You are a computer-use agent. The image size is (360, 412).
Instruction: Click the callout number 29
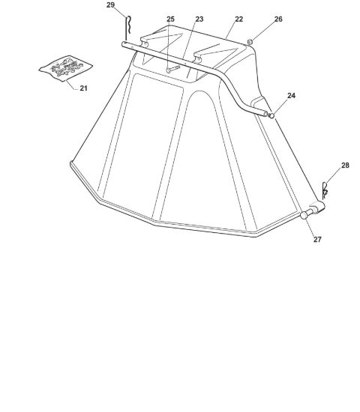[110, 5]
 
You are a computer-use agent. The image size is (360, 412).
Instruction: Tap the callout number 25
[170, 19]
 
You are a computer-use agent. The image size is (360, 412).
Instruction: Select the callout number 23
[199, 19]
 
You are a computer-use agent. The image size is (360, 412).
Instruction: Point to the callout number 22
[239, 19]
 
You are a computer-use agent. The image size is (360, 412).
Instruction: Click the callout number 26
[278, 19]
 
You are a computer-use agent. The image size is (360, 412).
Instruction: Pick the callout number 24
[291, 96]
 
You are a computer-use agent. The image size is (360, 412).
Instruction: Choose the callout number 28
[345, 166]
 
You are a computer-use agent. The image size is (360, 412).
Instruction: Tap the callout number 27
[317, 240]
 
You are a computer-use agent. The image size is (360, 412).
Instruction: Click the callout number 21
[83, 88]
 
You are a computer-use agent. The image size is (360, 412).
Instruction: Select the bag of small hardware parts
[66, 68]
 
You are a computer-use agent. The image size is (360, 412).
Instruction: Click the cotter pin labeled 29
[128, 28]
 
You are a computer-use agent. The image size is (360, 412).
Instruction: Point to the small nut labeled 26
[250, 41]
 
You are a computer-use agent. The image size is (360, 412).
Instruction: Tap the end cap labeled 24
[271, 115]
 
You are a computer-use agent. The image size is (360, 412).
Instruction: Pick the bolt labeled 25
[173, 70]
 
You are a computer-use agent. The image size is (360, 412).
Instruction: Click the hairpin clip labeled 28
[325, 191]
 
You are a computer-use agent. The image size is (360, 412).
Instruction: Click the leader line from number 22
[231, 30]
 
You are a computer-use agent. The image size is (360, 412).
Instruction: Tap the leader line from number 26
[263, 31]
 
